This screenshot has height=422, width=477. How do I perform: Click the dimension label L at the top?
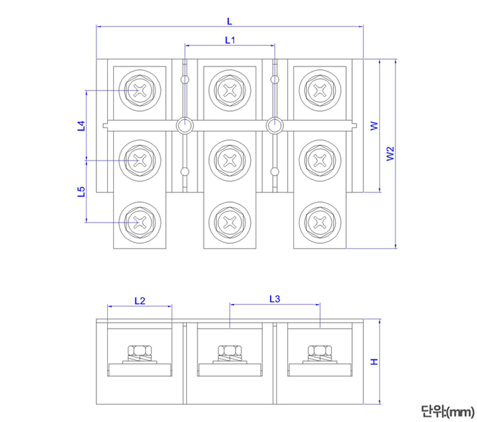(230, 21)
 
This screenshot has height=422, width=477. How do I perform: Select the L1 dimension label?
(230, 40)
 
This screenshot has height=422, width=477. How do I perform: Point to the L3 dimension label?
(275, 299)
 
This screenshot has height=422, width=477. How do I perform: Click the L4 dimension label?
(81, 126)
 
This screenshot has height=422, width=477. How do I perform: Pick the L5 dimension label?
(81, 191)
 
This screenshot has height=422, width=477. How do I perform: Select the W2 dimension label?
(389, 154)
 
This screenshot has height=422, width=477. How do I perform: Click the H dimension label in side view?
(374, 362)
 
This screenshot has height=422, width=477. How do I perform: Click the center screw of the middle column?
(230, 160)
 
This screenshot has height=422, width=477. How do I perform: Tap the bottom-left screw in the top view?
(140, 222)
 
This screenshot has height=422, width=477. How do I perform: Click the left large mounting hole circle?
(185, 125)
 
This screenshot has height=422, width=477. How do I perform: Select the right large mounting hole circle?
(274, 125)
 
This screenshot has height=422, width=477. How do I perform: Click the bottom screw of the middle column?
(230, 222)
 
